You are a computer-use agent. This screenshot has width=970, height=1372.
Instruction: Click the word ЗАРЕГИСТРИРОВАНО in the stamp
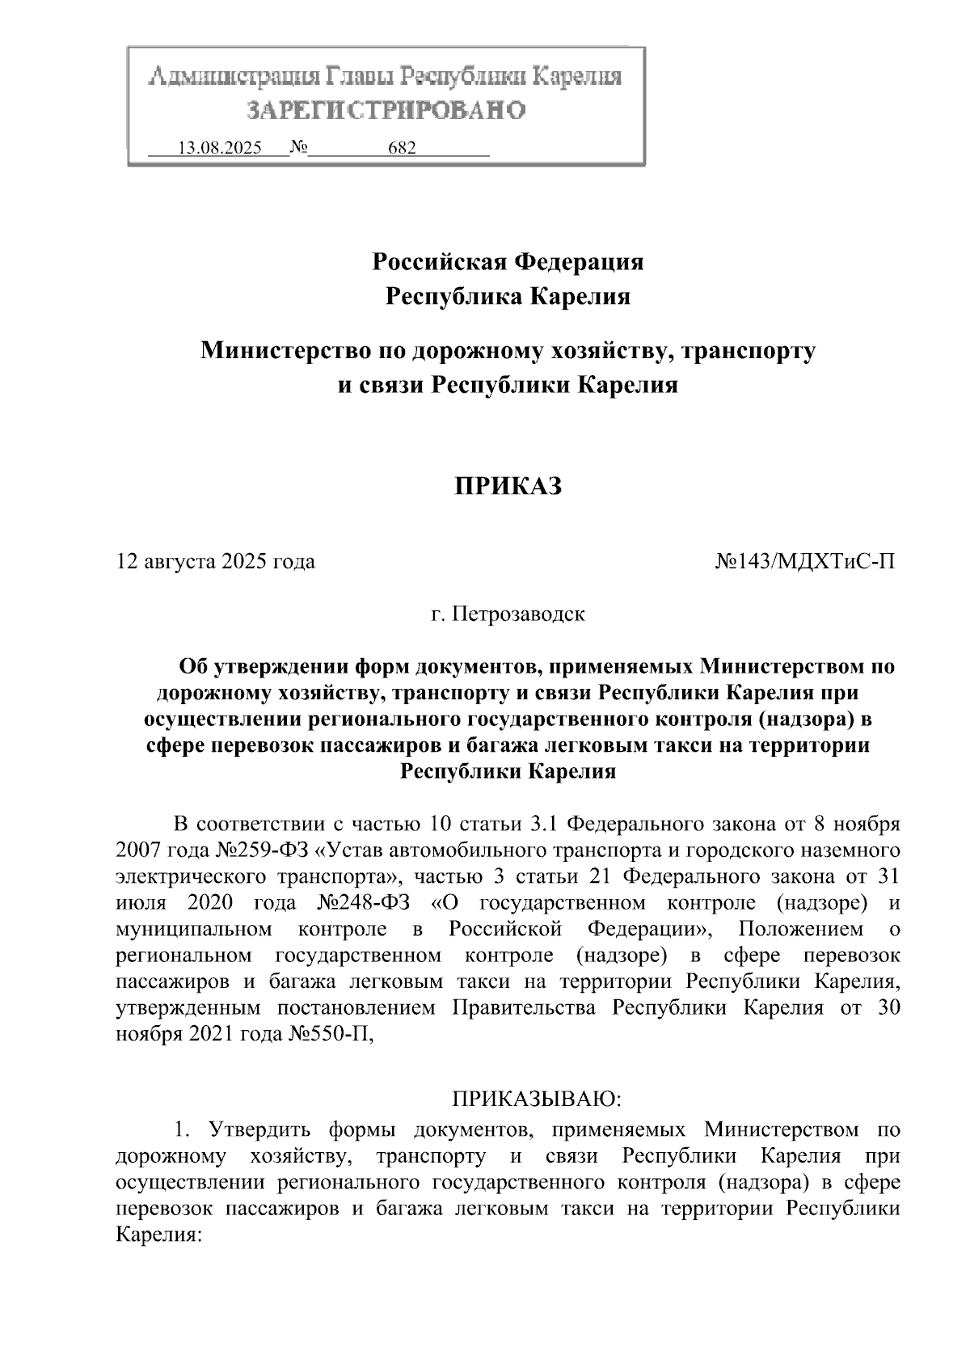coord(386,110)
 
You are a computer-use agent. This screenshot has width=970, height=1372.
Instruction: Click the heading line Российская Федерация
coord(508,262)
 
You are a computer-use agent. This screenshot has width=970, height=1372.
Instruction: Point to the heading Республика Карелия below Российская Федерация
coord(508,298)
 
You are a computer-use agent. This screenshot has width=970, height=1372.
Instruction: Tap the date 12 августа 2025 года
coord(216,561)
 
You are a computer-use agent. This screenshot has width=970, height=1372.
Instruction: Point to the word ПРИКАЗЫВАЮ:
coord(536,1100)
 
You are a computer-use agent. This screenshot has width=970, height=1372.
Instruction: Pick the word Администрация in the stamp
coord(234,78)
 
